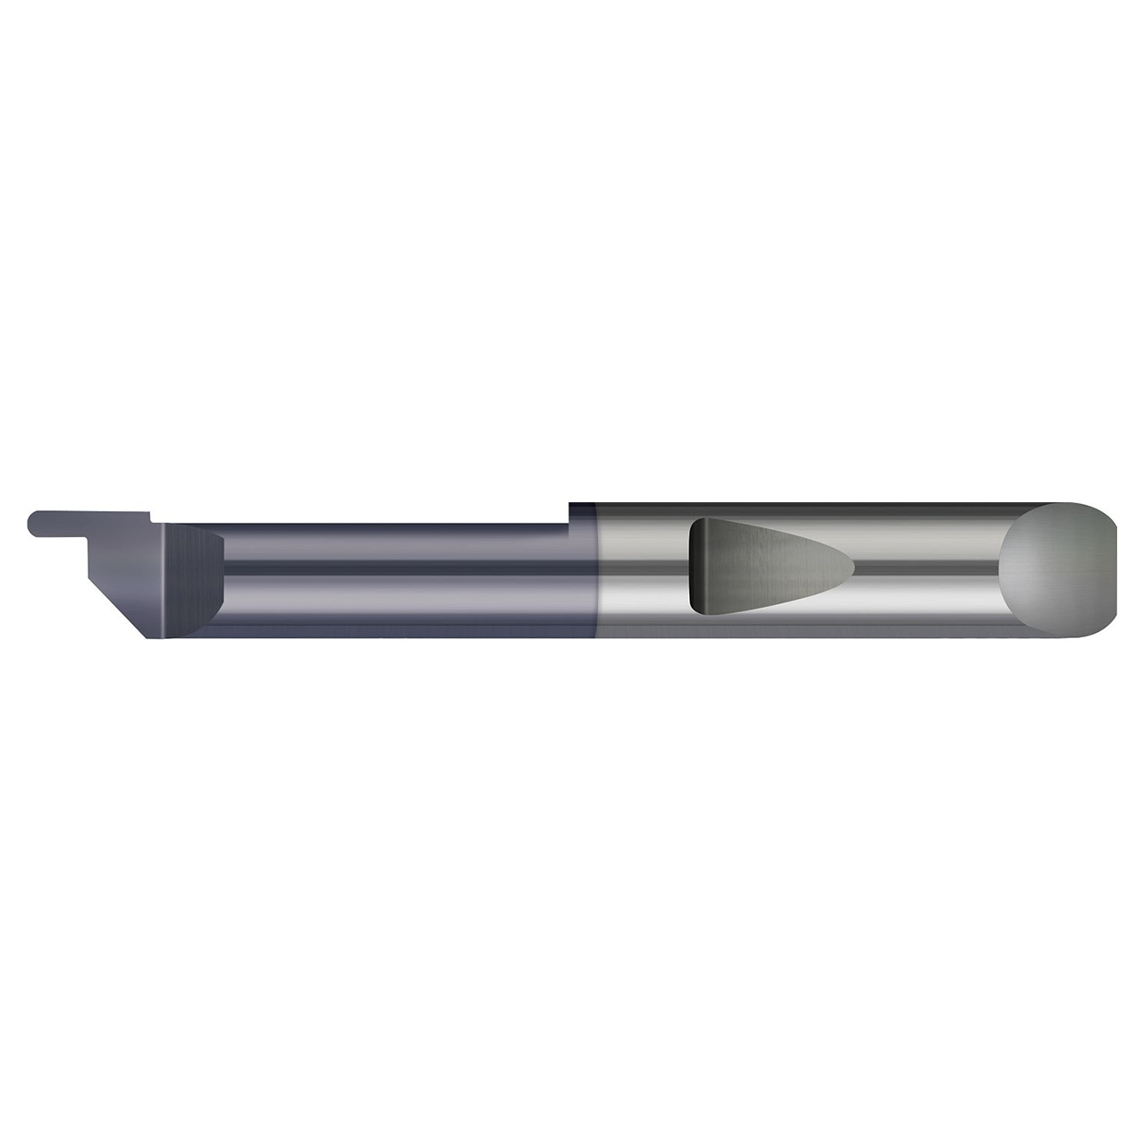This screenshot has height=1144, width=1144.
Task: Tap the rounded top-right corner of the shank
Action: click(1108, 513)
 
